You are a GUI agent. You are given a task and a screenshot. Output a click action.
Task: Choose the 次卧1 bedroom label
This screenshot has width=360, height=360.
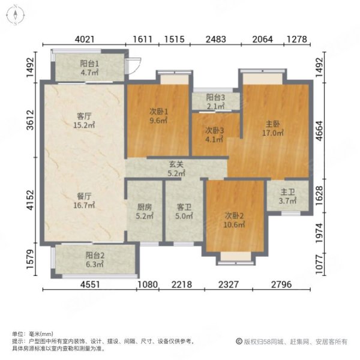coord(158,110)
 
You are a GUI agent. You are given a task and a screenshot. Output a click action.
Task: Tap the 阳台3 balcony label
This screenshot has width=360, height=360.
coord(215,98)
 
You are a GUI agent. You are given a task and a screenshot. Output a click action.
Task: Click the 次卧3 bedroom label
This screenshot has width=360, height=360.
coord(214,130)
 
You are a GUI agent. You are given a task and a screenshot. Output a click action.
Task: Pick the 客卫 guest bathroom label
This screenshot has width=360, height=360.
coord(184,207)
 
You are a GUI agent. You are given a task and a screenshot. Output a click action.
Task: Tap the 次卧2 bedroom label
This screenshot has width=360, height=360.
coord(235,215)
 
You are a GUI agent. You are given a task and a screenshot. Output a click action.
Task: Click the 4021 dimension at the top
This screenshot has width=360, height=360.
coord(84,40)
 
